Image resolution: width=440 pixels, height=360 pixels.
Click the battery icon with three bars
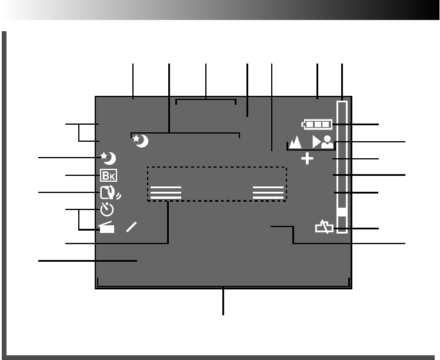click(x=316, y=125)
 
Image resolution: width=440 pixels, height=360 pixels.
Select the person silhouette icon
click(x=327, y=142)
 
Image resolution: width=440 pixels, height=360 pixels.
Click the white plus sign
click(x=308, y=159)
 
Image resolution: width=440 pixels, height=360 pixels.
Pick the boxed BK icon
click(x=108, y=175)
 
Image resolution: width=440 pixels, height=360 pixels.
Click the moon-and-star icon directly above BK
click(x=108, y=158)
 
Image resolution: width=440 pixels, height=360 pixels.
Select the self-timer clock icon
click(x=106, y=208)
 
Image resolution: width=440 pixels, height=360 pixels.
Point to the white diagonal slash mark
click(x=131, y=228)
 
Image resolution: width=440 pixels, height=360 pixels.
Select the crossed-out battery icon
click(x=324, y=227)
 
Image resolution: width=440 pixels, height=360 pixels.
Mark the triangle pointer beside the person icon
click(x=316, y=142)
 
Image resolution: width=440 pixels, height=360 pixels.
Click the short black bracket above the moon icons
click(x=206, y=101)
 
